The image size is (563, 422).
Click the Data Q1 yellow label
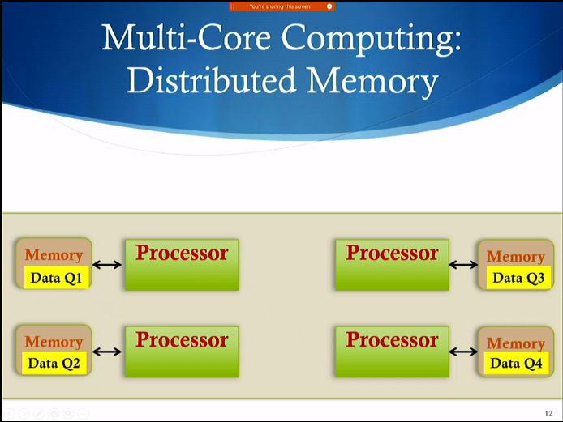pyautogui.click(x=56, y=277)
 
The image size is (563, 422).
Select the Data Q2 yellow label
pyautogui.click(x=54, y=363)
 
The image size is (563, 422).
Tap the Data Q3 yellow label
pyautogui.click(x=518, y=278)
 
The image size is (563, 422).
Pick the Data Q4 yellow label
pyautogui.click(x=516, y=363)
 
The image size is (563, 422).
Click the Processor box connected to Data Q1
pyautogui.click(x=182, y=264)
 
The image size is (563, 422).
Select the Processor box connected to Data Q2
pyautogui.click(x=182, y=351)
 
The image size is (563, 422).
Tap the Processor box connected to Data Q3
pyautogui.click(x=392, y=264)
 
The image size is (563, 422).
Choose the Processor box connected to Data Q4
pyautogui.click(x=392, y=351)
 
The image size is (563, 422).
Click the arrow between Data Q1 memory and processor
pyautogui.click(x=107, y=264)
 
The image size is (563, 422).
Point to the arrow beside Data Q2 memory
pyautogui.click(x=107, y=352)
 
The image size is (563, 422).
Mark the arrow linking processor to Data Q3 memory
pyautogui.click(x=463, y=264)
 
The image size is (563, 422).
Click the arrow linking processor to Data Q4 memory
pyautogui.click(x=463, y=352)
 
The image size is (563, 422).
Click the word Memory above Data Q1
pyautogui.click(x=54, y=255)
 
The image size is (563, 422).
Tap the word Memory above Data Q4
pyautogui.click(x=516, y=343)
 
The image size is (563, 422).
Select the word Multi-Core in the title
pyautogui.click(x=174, y=39)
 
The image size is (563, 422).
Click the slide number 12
pyautogui.click(x=548, y=413)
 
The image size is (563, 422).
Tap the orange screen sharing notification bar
pyautogui.click(x=281, y=6)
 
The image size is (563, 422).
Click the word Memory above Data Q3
pyautogui.click(x=516, y=257)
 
